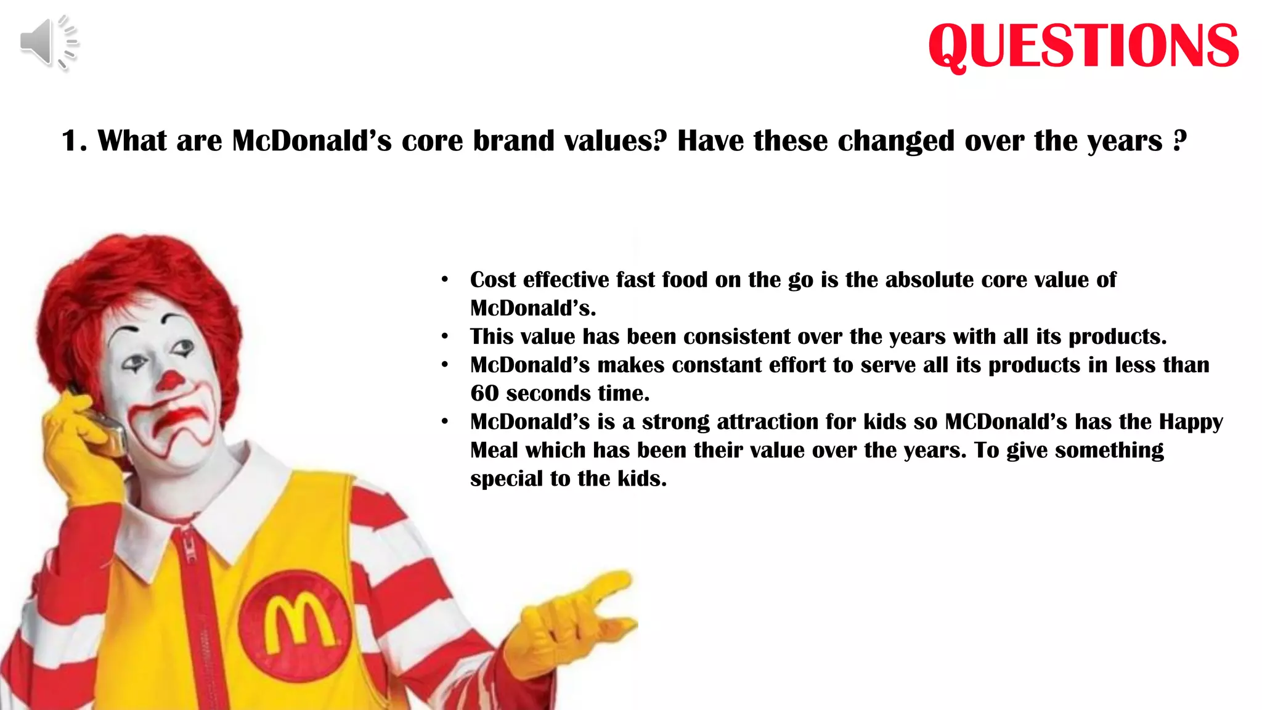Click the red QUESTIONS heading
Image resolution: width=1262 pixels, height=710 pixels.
click(1083, 46)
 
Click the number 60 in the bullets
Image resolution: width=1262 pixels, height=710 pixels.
click(484, 393)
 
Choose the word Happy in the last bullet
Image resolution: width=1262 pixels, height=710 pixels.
click(1191, 422)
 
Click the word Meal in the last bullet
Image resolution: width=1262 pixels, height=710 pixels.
click(494, 451)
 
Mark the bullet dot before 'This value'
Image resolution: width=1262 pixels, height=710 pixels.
click(445, 337)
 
